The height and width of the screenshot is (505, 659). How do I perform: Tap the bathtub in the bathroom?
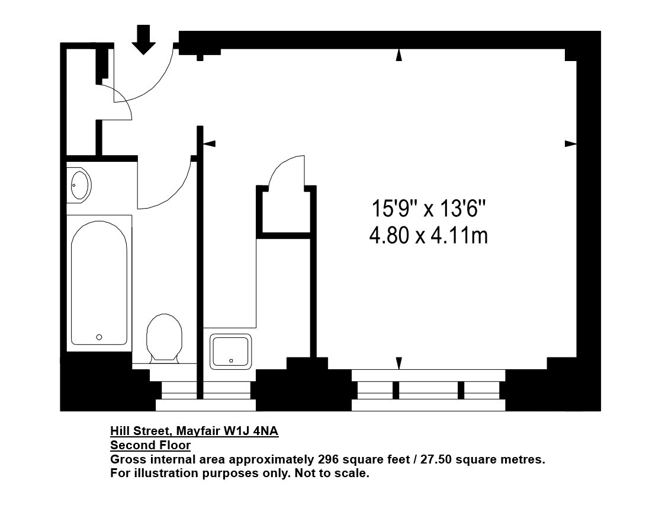click(99, 283)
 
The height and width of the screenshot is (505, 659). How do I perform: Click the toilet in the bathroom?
click(165, 337)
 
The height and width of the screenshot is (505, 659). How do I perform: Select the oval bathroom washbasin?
click(80, 185)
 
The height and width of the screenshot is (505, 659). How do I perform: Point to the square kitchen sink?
click(231, 352)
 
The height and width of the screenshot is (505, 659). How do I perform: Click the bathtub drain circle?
click(99, 337)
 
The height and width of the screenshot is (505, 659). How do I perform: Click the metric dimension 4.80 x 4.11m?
click(429, 235)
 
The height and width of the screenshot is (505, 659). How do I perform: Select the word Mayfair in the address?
click(198, 432)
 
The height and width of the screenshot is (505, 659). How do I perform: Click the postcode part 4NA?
click(266, 432)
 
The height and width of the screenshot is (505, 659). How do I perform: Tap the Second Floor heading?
click(150, 445)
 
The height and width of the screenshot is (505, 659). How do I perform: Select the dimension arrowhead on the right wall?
click(571, 144)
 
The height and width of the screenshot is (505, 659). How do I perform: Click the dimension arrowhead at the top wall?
click(399, 55)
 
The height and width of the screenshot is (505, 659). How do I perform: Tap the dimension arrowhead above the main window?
click(399, 363)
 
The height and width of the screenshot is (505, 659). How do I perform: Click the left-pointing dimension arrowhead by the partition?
click(209, 144)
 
